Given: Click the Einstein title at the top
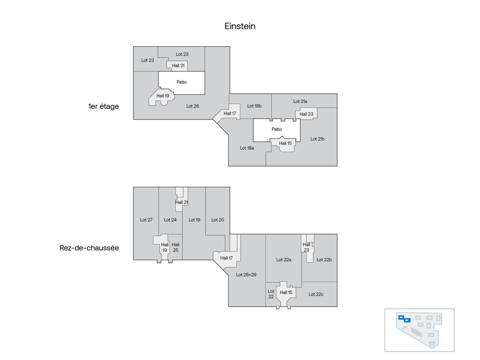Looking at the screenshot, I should (240, 26).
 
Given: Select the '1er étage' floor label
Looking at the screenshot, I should (103, 106).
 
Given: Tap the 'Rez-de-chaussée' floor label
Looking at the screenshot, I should (89, 248).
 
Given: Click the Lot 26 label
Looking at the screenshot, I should (193, 106).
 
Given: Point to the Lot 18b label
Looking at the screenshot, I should (254, 106).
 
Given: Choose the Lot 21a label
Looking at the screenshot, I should (300, 101).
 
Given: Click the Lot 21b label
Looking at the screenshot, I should (317, 139).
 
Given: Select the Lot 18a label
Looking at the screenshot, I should (247, 148).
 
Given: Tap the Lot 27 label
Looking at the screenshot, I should (146, 220).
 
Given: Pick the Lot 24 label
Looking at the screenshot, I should (170, 220).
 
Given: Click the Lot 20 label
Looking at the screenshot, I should (217, 220).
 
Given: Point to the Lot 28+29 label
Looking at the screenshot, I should (246, 275).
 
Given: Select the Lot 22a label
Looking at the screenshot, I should (283, 260).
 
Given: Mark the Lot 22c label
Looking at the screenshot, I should (316, 294).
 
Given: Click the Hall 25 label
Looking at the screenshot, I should (175, 247).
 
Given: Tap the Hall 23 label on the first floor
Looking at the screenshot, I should (306, 114).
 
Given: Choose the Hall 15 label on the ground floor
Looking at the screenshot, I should (286, 292).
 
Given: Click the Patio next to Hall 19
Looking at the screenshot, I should (181, 82).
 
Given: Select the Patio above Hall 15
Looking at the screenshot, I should (277, 129).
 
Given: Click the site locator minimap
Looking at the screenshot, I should (419, 330).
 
